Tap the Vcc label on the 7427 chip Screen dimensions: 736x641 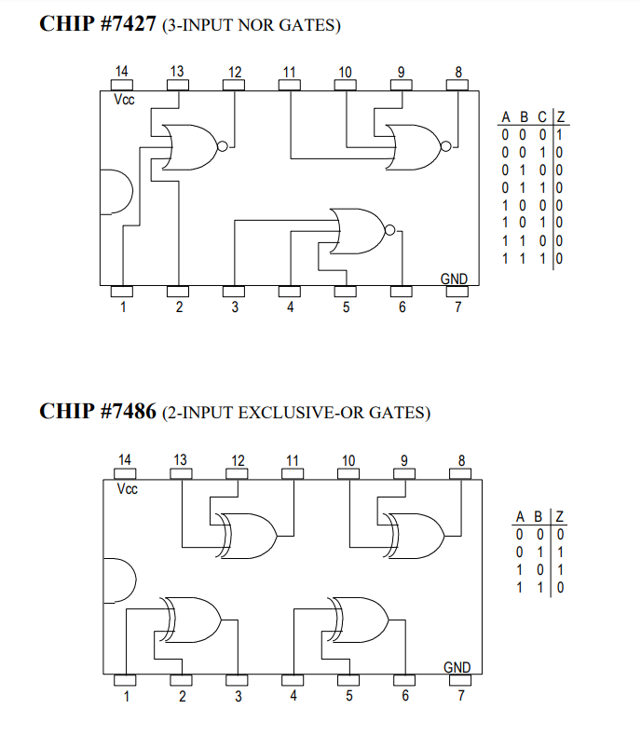point(123,100)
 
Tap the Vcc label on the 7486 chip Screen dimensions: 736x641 point(127,489)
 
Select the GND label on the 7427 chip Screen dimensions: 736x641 point(454,279)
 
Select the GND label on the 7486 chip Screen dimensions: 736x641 point(457,667)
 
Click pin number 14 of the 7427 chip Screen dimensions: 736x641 point(122,72)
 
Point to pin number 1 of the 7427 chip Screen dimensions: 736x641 point(122,307)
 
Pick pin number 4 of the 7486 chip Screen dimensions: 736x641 point(293,695)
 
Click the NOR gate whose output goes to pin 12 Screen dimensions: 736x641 point(192,147)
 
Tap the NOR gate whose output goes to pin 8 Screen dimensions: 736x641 point(416,146)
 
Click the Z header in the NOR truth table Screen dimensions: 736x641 point(560,117)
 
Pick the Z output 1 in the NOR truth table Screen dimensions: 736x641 point(560,135)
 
